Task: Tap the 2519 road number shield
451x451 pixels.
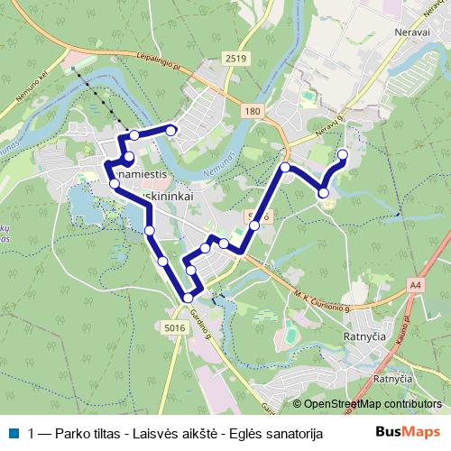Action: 236,59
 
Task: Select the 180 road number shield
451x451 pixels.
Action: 253,110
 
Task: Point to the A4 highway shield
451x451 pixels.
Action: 414,285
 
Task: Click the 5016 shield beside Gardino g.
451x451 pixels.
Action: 176,328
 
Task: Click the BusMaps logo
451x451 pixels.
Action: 413,433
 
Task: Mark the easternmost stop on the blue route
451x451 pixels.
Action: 343,155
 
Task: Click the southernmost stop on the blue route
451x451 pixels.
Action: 188,298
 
